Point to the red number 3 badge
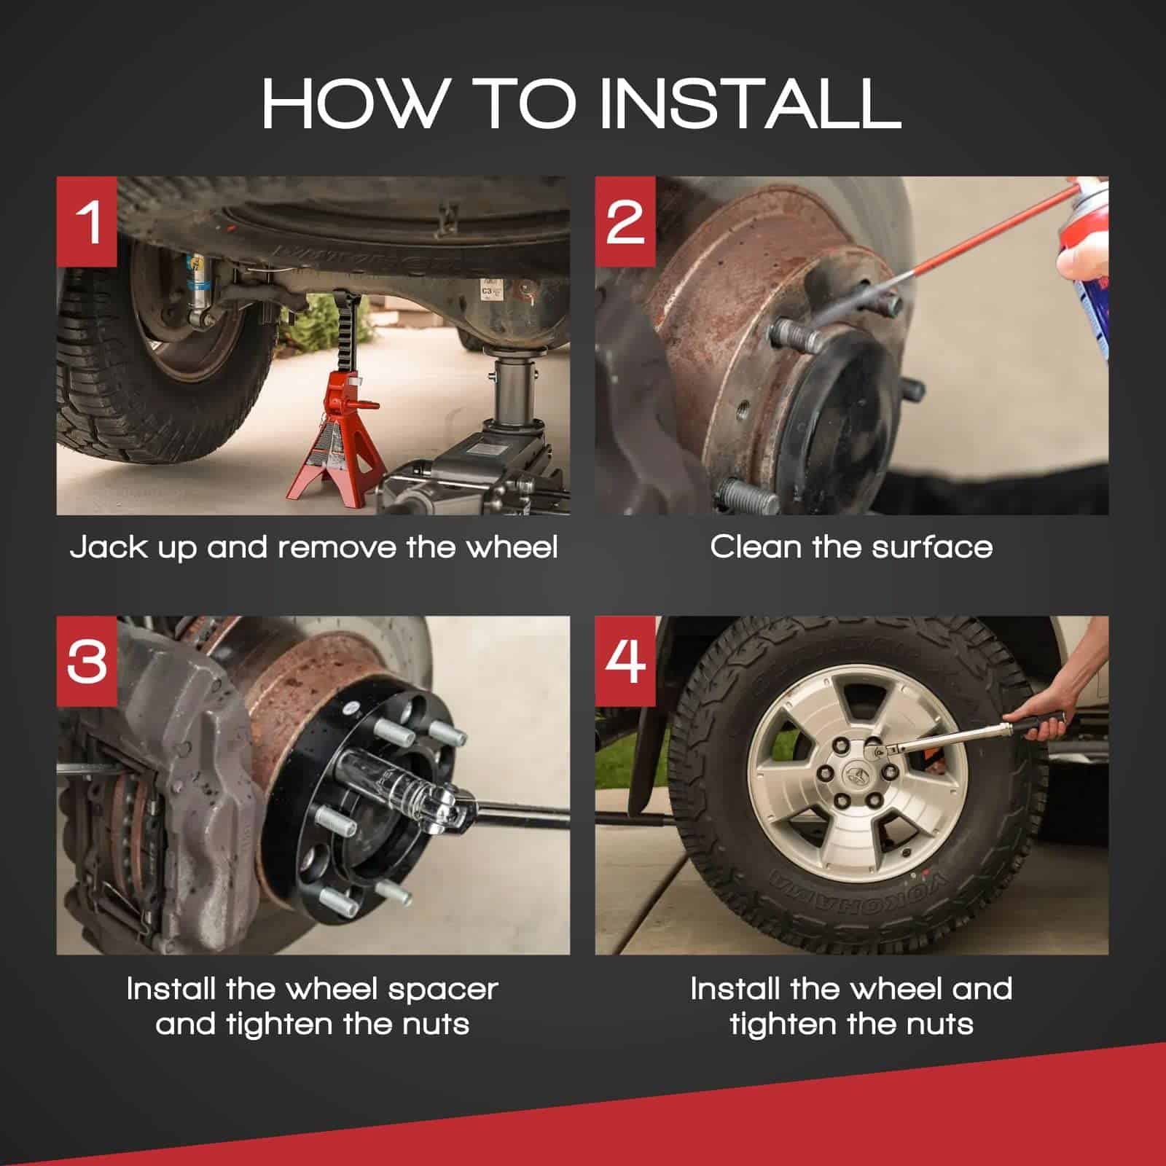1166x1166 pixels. (87, 662)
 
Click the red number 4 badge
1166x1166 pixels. (625, 662)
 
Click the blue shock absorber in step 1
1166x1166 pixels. (195, 288)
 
